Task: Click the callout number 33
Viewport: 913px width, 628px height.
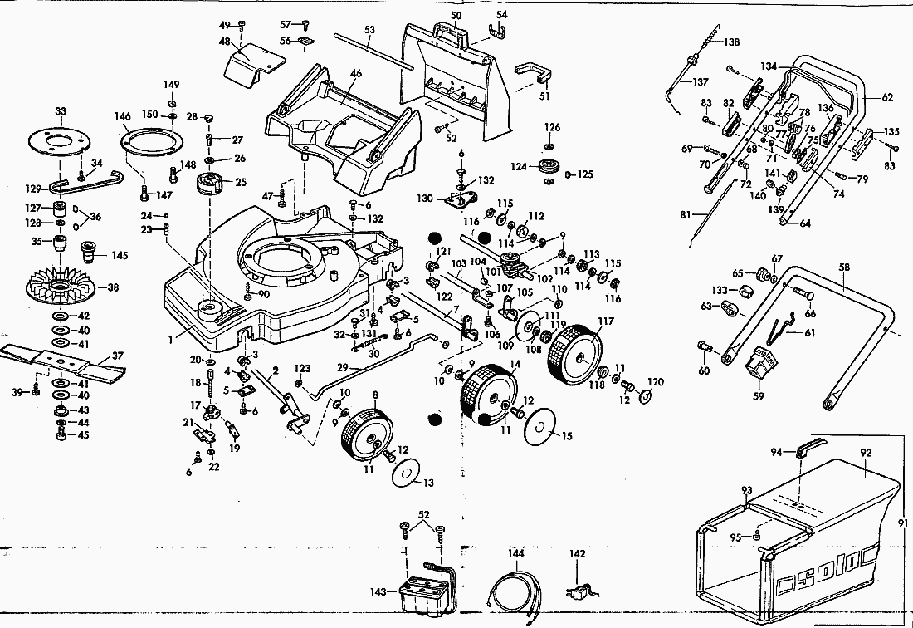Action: tap(60, 111)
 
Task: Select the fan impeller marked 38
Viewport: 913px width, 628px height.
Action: tap(61, 288)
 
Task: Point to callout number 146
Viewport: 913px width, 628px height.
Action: tap(123, 117)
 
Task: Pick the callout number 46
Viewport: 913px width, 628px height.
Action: tap(356, 74)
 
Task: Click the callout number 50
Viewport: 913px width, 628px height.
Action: tap(456, 16)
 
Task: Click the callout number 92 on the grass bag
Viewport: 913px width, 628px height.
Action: tap(866, 453)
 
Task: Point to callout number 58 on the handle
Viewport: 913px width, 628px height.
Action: tap(844, 268)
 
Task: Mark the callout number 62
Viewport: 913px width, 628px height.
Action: tap(887, 98)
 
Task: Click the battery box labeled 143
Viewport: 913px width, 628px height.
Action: tap(423, 591)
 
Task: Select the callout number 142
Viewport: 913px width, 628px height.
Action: tap(577, 553)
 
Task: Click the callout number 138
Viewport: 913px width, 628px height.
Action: tap(730, 42)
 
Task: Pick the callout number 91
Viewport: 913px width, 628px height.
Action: tap(904, 523)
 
